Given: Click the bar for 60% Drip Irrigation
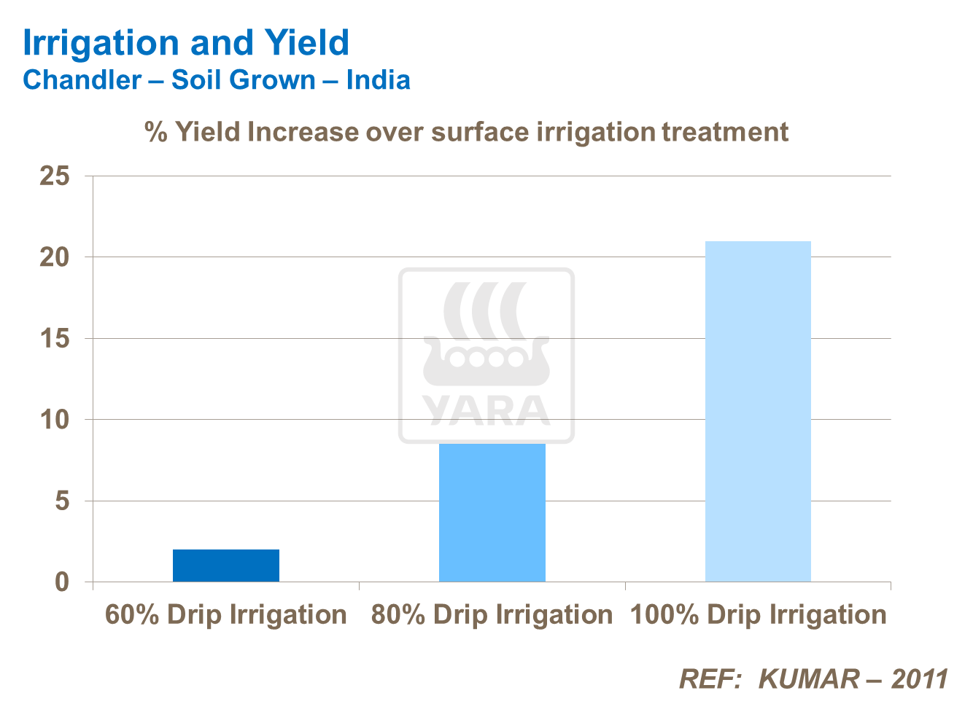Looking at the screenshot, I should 226,566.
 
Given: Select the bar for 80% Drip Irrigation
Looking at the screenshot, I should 492,512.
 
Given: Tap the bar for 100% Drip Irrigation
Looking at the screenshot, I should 758,411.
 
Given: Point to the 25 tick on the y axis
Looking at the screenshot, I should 55,176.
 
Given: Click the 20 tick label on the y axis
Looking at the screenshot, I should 55,257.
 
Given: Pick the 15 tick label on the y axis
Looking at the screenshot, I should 55,339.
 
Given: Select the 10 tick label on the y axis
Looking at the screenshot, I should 55,420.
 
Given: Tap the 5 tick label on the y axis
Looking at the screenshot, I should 62,501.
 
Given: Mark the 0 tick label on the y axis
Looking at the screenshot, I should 62,582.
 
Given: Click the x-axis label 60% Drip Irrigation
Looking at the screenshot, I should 226,615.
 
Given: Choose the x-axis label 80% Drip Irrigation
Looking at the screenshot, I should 492,615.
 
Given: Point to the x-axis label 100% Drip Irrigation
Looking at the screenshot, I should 759,615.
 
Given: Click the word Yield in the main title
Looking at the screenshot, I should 306,44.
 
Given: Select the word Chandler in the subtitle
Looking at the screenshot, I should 82,80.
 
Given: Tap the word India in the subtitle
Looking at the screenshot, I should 378,80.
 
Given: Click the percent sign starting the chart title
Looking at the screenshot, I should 156,133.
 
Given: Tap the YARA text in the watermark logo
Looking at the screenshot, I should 486,411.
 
